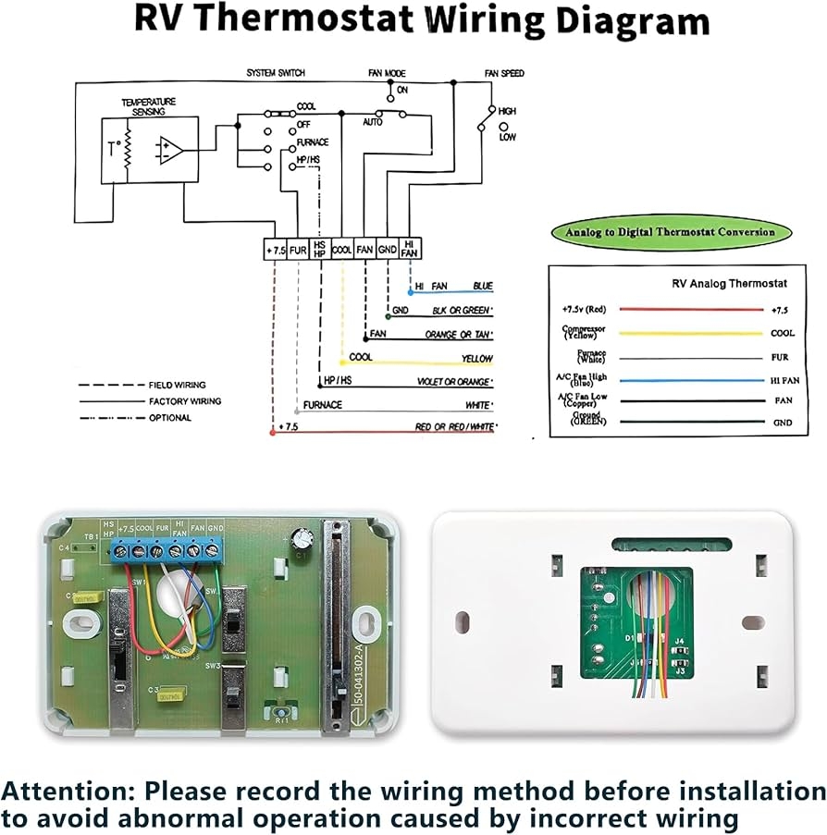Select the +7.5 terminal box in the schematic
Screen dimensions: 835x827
pyautogui.click(x=275, y=250)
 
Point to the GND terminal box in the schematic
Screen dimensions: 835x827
pyautogui.click(x=388, y=250)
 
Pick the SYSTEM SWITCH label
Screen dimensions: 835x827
pyautogui.click(x=275, y=72)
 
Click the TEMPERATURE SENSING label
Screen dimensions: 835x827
pyautogui.click(x=149, y=105)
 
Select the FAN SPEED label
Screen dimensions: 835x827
pyautogui.click(x=503, y=72)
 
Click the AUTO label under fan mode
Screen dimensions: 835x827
pyautogui.click(x=373, y=122)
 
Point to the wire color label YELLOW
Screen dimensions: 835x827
pyautogui.click(x=477, y=359)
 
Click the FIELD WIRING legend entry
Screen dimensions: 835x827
pyautogui.click(x=177, y=385)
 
